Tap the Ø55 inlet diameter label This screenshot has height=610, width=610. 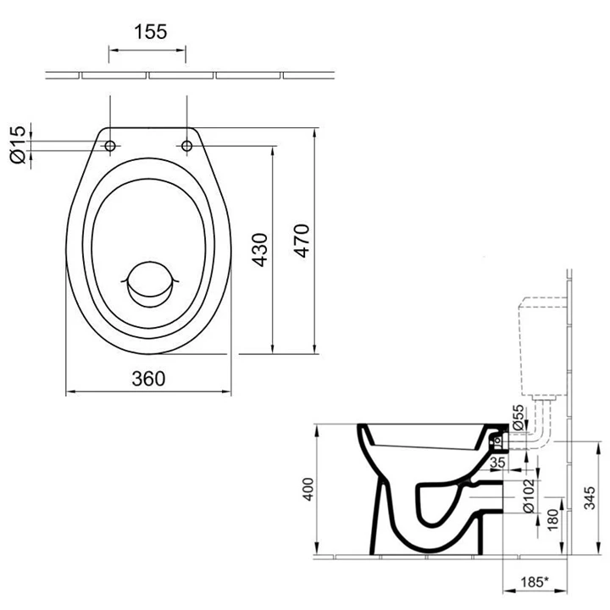518,420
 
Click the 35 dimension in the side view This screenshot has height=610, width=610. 497,463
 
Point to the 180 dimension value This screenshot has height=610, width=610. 552,518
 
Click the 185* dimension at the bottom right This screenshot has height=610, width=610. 533,583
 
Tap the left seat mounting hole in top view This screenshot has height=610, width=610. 109,147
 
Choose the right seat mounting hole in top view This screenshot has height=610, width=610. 186,147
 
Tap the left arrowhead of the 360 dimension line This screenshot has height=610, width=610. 69,392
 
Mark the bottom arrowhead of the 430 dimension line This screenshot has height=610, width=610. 272,349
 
